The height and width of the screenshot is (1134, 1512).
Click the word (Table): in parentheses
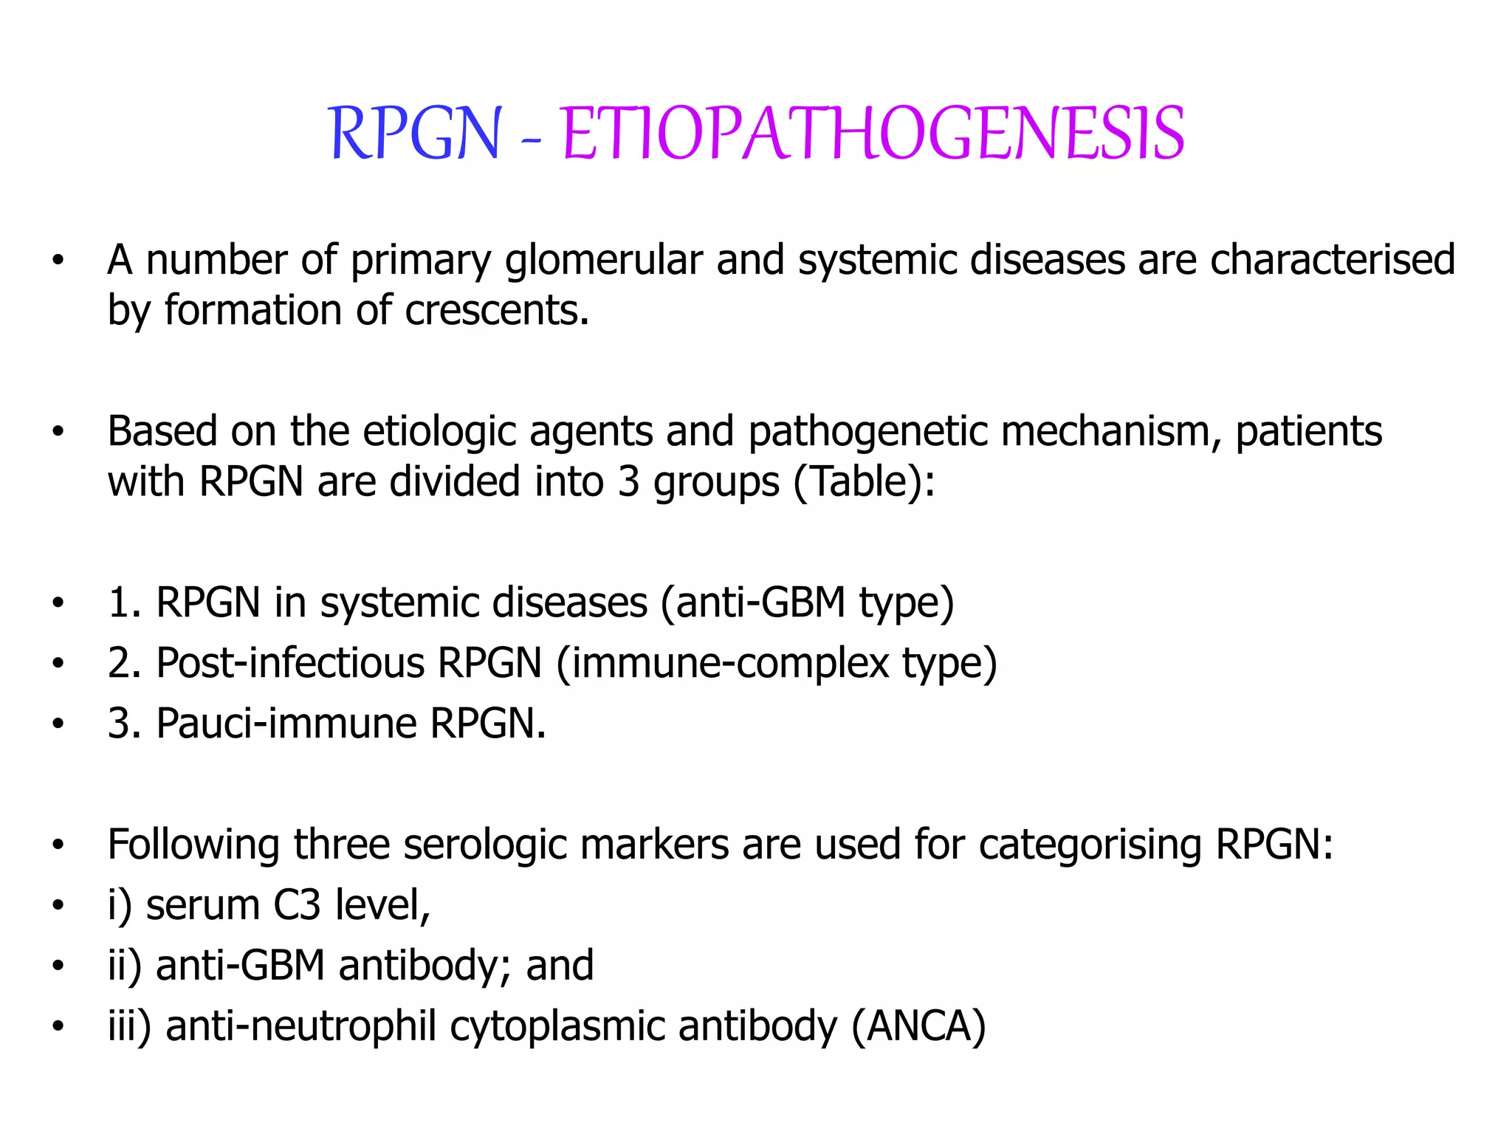click(x=865, y=481)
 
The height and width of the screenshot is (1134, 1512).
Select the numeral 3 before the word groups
click(x=628, y=481)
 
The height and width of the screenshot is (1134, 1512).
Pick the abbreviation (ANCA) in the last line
click(x=918, y=1026)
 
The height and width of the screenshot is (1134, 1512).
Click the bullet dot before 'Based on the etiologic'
click(x=58, y=433)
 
